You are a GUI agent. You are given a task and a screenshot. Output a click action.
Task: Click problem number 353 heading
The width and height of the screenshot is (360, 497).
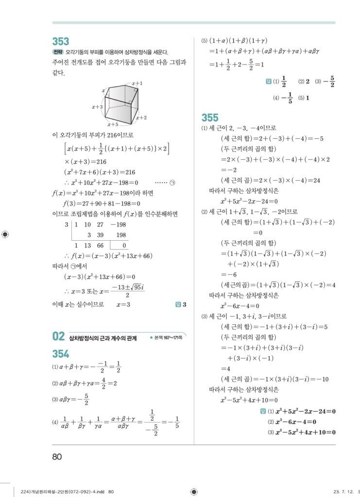coord(61,42)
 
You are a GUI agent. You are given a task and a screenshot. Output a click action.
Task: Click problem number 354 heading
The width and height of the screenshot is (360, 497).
coord(61,353)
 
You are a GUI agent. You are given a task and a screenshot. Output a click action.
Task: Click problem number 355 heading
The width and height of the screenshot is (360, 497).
coord(210,117)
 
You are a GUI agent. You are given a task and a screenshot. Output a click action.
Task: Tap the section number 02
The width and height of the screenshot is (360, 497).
coord(58,336)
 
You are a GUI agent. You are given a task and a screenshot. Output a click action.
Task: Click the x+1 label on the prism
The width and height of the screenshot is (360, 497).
coord(137,83)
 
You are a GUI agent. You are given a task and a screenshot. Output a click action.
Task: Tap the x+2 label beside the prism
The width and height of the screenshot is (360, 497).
coord(141,117)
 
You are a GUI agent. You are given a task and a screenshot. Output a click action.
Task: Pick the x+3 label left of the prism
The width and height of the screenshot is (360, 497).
coord(97,107)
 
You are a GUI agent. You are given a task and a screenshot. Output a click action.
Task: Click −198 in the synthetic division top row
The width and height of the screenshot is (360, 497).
coord(118,225)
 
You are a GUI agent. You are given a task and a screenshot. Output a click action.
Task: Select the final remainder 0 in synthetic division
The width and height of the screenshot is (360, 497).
coord(124,245)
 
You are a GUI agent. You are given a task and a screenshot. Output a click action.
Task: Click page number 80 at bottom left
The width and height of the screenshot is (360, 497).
coord(57,456)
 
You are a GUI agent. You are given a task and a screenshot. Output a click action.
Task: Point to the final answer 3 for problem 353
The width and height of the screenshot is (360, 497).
coord(185,305)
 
